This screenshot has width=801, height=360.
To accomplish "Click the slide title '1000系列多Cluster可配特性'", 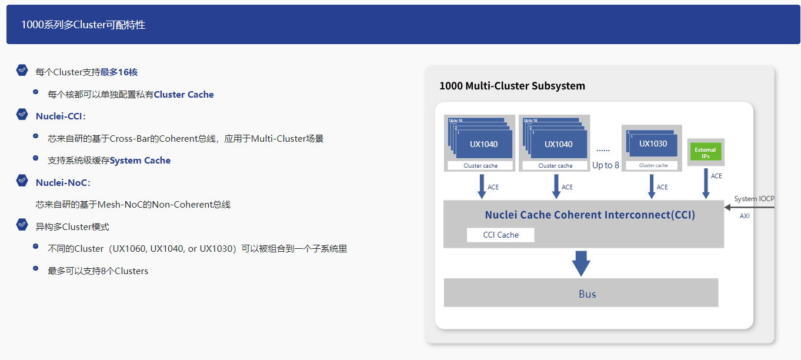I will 83,25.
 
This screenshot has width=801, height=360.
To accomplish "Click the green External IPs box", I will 705,152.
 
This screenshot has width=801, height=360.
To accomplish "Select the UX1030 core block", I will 653,144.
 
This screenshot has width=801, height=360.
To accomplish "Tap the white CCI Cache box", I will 500,235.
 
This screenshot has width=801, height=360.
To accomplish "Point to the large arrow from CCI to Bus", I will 581,263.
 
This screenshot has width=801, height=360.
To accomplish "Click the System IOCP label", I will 754,199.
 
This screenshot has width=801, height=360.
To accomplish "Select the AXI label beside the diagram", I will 745,216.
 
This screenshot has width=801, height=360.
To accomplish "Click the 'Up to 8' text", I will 605,165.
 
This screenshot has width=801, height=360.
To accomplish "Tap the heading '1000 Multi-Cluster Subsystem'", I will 512,86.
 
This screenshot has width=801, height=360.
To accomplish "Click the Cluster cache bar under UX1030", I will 653,165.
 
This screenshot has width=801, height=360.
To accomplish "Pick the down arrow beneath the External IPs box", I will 705,184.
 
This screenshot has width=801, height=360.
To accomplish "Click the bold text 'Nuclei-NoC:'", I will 63,183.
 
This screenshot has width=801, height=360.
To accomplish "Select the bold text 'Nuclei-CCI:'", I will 61,116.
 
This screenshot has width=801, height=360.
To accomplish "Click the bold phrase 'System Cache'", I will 140,161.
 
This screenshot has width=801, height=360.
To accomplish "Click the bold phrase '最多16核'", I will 119,72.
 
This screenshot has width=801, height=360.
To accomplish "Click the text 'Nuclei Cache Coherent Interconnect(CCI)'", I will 590,215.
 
